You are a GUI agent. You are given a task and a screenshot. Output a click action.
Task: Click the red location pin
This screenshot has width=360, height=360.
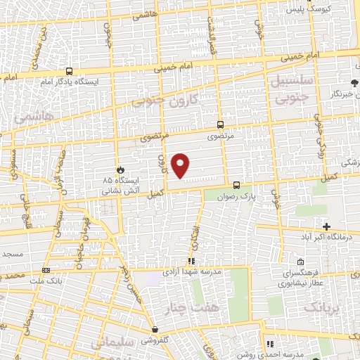(x=181, y=165)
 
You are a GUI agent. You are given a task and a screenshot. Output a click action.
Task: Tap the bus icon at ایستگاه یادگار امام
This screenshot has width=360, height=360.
(x=69, y=71)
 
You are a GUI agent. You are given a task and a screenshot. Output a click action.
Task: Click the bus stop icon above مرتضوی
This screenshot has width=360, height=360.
(x=221, y=121)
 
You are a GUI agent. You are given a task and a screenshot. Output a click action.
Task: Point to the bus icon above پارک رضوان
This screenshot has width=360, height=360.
(x=236, y=186)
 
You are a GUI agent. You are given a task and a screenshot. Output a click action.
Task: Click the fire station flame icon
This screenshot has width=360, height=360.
(x=120, y=169)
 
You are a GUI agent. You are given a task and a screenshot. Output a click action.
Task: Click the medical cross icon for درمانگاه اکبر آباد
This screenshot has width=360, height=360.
(x=326, y=226)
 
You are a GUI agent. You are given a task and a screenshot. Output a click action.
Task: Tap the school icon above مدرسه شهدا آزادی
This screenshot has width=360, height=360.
(x=191, y=260)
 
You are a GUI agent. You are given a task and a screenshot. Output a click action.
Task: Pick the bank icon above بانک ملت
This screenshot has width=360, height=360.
(x=46, y=269)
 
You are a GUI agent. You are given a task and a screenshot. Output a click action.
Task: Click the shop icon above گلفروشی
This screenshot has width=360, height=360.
(x=154, y=329)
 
